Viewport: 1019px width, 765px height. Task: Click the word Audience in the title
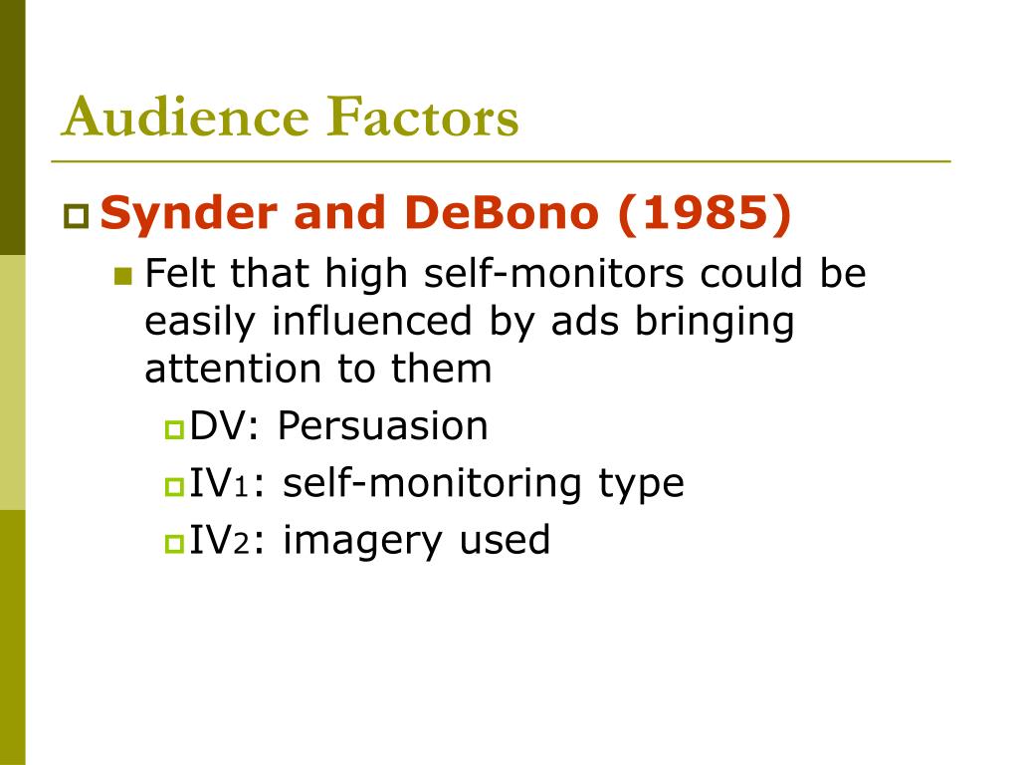[x=185, y=117]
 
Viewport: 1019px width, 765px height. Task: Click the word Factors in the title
[x=422, y=117]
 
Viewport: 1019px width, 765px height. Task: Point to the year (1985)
[x=704, y=214]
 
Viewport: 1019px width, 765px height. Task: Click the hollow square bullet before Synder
[x=76, y=216]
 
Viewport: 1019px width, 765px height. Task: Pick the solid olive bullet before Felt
[x=122, y=277]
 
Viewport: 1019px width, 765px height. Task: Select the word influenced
[x=371, y=321]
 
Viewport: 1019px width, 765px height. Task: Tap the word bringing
[x=714, y=324]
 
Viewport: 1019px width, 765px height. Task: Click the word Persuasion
[x=382, y=426]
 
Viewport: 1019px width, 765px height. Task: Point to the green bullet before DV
[x=175, y=429]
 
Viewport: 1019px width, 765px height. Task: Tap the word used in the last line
[x=505, y=540]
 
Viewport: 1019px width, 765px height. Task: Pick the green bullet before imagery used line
[x=175, y=543]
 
